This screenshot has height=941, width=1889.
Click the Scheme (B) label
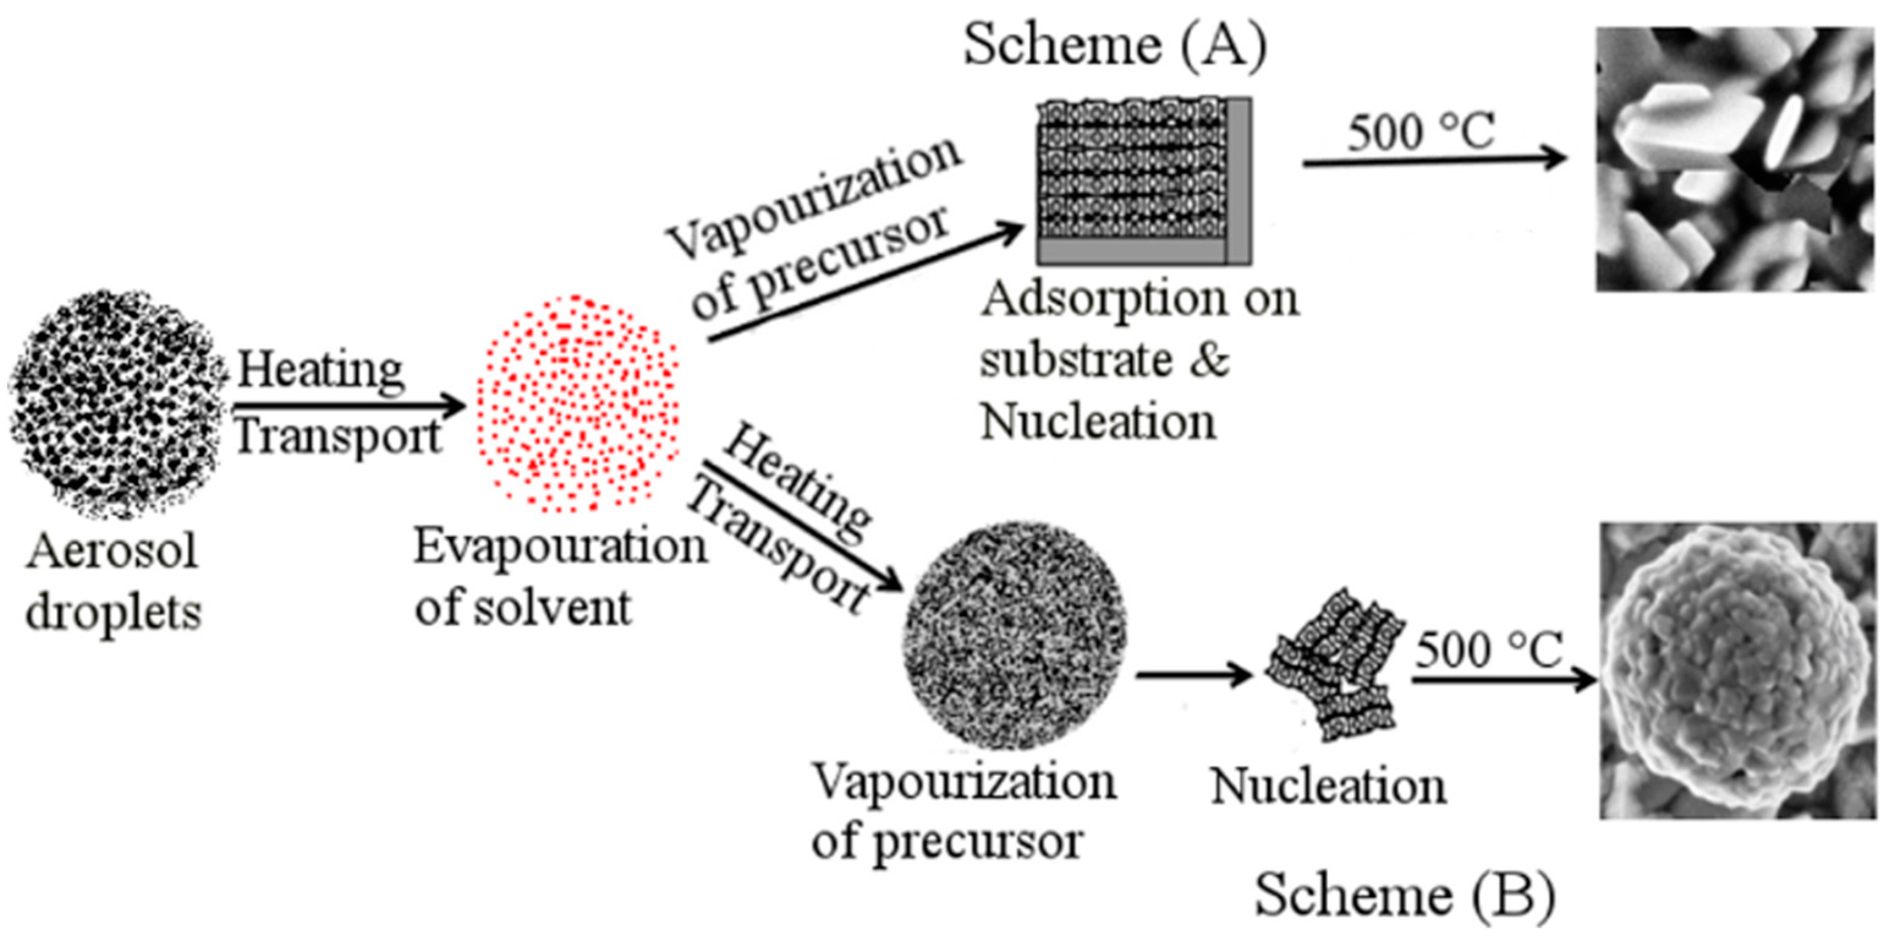tap(1404, 895)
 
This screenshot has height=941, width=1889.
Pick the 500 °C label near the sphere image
tap(1489, 650)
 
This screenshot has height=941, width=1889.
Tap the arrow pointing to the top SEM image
tap(1434, 159)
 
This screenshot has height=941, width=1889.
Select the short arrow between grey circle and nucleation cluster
tap(1194, 673)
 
